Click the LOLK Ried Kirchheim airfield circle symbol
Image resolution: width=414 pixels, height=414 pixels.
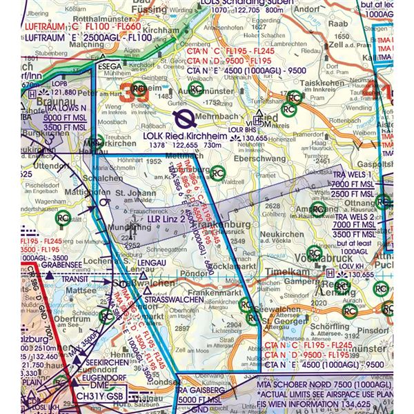[x=184, y=119]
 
